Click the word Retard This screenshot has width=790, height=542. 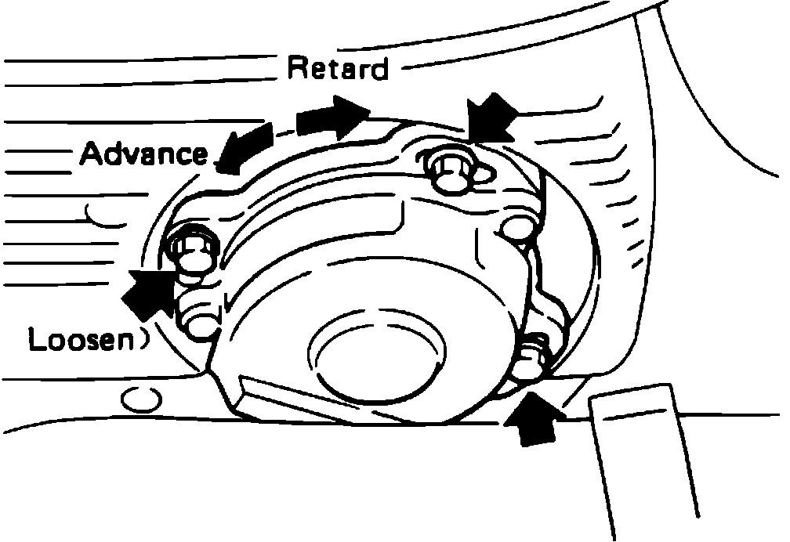(338, 69)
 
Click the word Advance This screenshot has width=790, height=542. (143, 153)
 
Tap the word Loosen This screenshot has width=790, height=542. (79, 341)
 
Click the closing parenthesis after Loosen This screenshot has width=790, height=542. (143, 341)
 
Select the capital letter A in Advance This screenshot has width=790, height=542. (93, 153)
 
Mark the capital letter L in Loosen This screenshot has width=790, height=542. (35, 341)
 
